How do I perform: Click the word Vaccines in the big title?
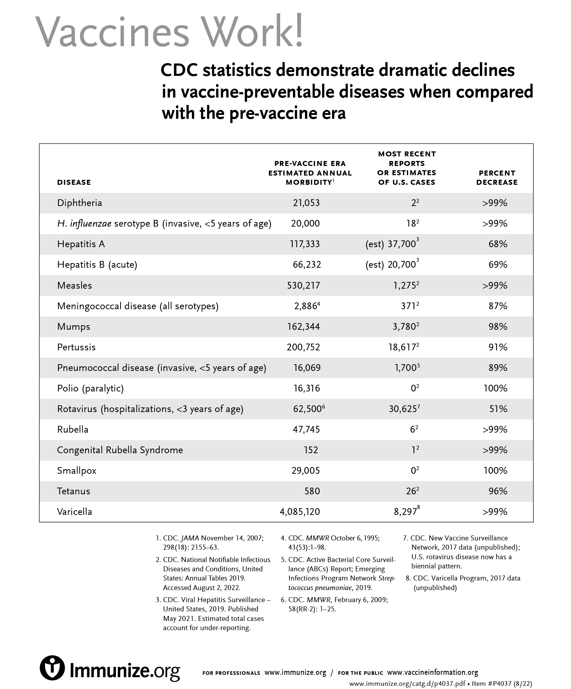pos(113,32)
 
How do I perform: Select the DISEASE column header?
pos(74,182)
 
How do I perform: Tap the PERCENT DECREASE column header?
pos(497,178)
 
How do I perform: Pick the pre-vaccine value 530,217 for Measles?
pos(303,285)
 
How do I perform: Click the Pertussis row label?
pos(76,347)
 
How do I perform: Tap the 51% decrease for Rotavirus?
pos(498,409)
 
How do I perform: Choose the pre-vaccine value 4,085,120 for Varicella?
pos(300,512)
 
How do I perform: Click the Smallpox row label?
pos(77,471)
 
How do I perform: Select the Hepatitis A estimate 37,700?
pos(401,244)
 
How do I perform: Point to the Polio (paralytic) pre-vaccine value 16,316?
pos(306,388)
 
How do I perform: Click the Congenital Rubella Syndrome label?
pos(120,450)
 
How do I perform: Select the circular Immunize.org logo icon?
pos(52,668)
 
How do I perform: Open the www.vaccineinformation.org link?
pos(432,672)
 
